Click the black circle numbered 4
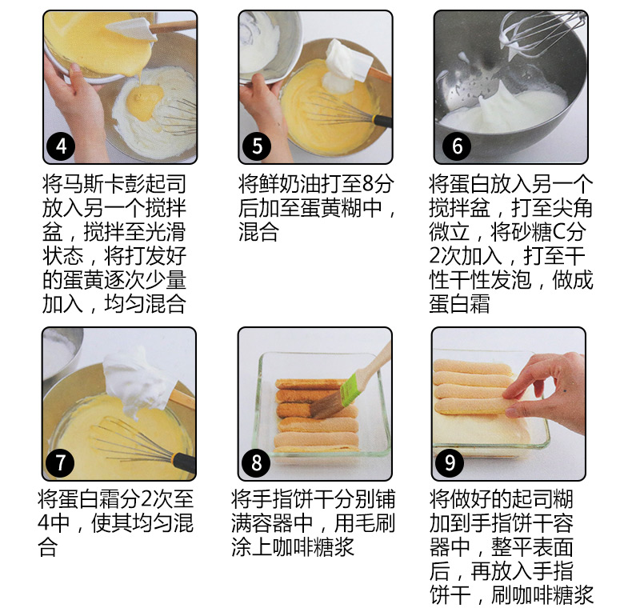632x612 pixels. point(61,146)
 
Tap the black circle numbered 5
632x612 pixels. point(257,146)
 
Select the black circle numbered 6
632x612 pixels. point(457,146)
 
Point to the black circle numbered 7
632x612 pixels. point(60,463)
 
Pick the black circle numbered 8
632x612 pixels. point(256,463)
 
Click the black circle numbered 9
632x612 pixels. point(450,463)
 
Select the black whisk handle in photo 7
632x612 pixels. point(184,463)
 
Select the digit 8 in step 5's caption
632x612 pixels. point(368,184)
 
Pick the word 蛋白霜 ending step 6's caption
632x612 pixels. point(459,303)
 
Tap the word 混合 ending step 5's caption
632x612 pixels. point(258,232)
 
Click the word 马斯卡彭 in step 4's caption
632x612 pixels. point(94,184)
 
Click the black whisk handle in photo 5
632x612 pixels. point(382,121)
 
